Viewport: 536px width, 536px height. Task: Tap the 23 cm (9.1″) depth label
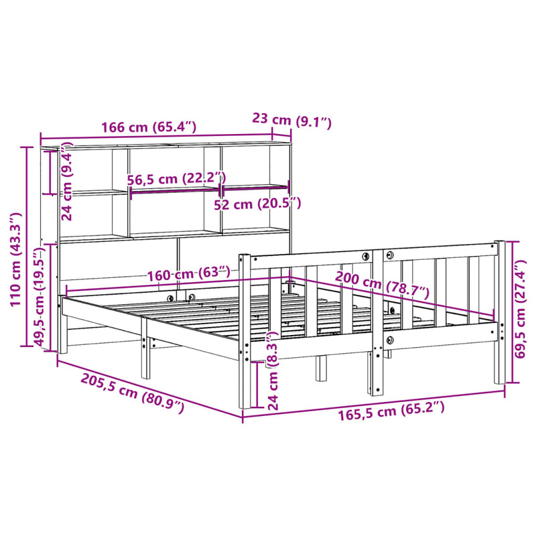pos(291,121)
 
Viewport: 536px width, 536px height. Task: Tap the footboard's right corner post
pos(498,312)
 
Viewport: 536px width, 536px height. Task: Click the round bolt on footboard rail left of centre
pos(366,256)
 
